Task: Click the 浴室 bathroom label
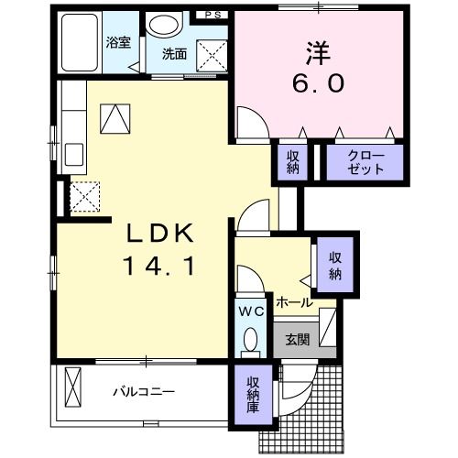[118, 42]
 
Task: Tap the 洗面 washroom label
[175, 53]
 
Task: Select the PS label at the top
[213, 16]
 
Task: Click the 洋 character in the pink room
[318, 52]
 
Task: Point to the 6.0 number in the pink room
[320, 84]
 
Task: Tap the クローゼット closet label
[365, 163]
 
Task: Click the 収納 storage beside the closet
[292, 163]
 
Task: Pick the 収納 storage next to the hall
[336, 263]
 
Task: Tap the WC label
[252, 311]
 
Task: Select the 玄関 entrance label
[298, 340]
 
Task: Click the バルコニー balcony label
[144, 391]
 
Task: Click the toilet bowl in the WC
[252, 343]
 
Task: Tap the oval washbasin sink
[166, 26]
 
